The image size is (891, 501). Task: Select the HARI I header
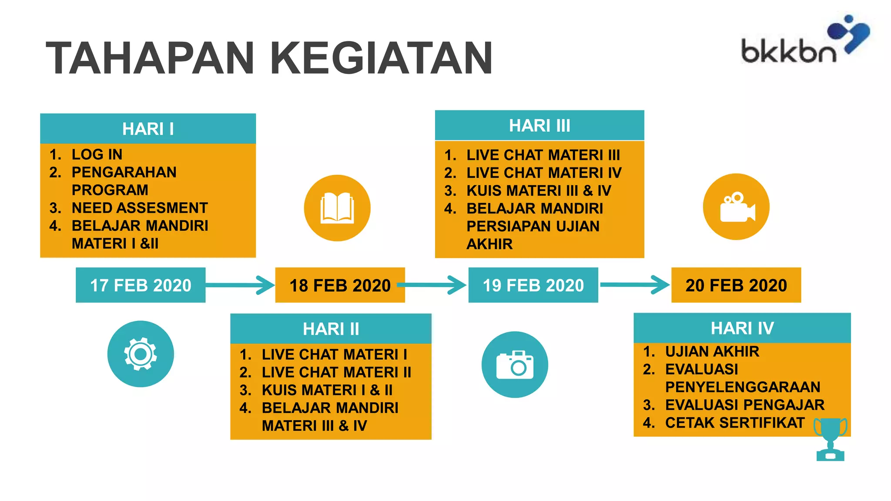[x=148, y=129]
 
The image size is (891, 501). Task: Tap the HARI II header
[x=331, y=329]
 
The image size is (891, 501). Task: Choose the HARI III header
[x=539, y=126]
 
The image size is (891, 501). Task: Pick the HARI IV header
[x=742, y=328]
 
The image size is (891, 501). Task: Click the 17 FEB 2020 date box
[x=141, y=285]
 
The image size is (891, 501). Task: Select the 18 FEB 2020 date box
[x=340, y=285]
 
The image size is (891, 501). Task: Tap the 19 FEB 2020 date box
[x=533, y=285]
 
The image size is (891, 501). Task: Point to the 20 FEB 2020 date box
[x=736, y=285]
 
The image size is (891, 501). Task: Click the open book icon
[x=337, y=208]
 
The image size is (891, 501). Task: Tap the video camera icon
[x=736, y=207]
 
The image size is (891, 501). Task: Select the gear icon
[x=141, y=354]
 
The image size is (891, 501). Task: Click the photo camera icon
[x=515, y=364]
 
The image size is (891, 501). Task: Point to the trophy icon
[x=830, y=439]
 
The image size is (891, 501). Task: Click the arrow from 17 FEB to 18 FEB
[x=240, y=285]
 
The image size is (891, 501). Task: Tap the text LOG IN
[x=97, y=154]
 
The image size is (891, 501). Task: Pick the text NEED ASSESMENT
[x=139, y=208]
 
